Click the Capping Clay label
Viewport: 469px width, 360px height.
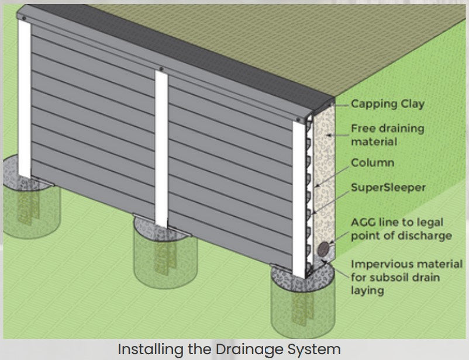click(x=388, y=104)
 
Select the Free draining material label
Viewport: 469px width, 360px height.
click(x=387, y=134)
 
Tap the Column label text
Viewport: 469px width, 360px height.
click(x=372, y=162)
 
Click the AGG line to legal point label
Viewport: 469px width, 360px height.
click(x=401, y=229)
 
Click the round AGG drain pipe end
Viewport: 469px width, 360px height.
click(x=323, y=250)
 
